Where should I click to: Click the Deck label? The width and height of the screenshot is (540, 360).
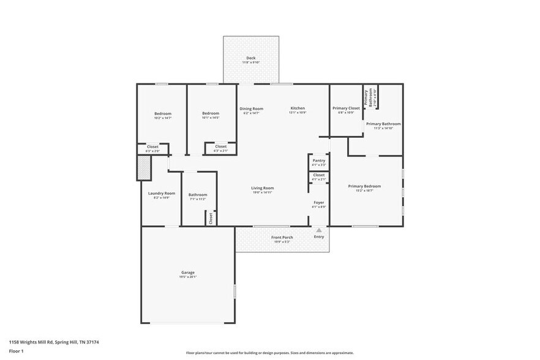(251, 58)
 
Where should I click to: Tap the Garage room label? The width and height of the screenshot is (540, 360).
(187, 272)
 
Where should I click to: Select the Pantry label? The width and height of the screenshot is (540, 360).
(318, 160)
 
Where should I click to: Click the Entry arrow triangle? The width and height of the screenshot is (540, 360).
(319, 230)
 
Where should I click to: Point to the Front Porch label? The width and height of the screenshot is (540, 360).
(282, 237)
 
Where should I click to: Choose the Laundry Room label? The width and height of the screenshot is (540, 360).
(162, 193)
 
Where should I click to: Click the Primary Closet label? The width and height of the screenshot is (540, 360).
(346, 108)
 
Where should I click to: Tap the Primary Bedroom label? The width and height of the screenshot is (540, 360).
(364, 186)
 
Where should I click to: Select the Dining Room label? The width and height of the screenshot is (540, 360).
(251, 108)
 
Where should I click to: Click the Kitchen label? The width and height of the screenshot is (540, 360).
(298, 108)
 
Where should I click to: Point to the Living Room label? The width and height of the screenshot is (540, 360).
(262, 188)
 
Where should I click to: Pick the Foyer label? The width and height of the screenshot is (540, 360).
(319, 202)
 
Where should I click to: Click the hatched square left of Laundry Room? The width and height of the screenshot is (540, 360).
(143, 168)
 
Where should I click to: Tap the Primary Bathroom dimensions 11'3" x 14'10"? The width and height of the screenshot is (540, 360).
(383, 128)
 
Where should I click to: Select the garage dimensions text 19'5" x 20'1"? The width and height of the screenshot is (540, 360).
(187, 277)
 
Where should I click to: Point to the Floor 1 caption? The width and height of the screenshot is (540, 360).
(16, 351)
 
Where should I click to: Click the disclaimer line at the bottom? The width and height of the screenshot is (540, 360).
(269, 353)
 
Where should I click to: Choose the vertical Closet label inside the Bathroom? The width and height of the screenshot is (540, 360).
(211, 217)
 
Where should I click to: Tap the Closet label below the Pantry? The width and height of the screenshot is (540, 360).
(318, 175)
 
